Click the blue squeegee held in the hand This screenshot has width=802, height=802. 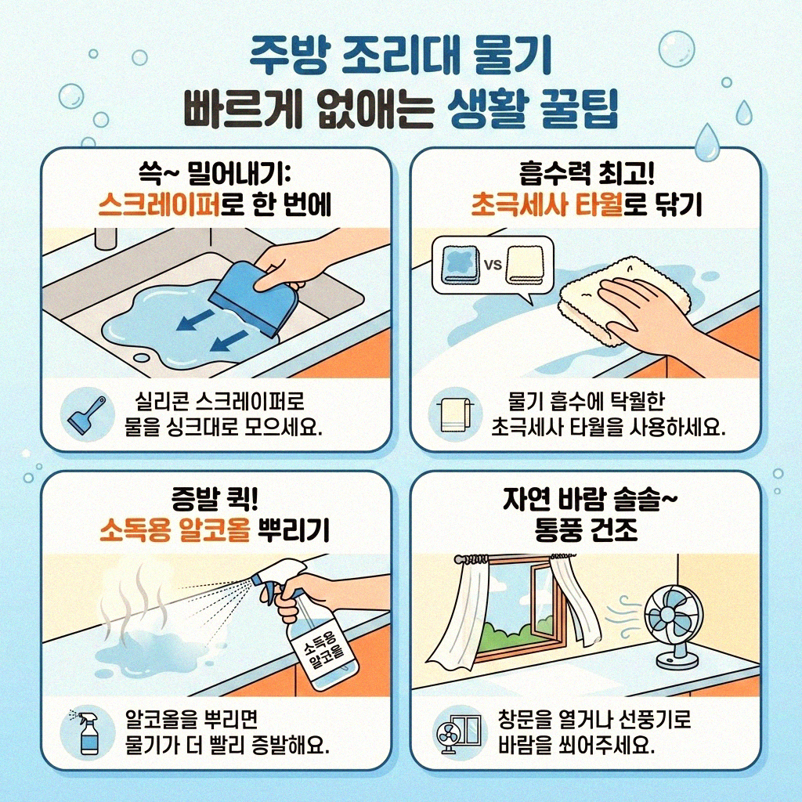point(258,298)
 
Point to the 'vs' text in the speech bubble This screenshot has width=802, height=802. point(493,264)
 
